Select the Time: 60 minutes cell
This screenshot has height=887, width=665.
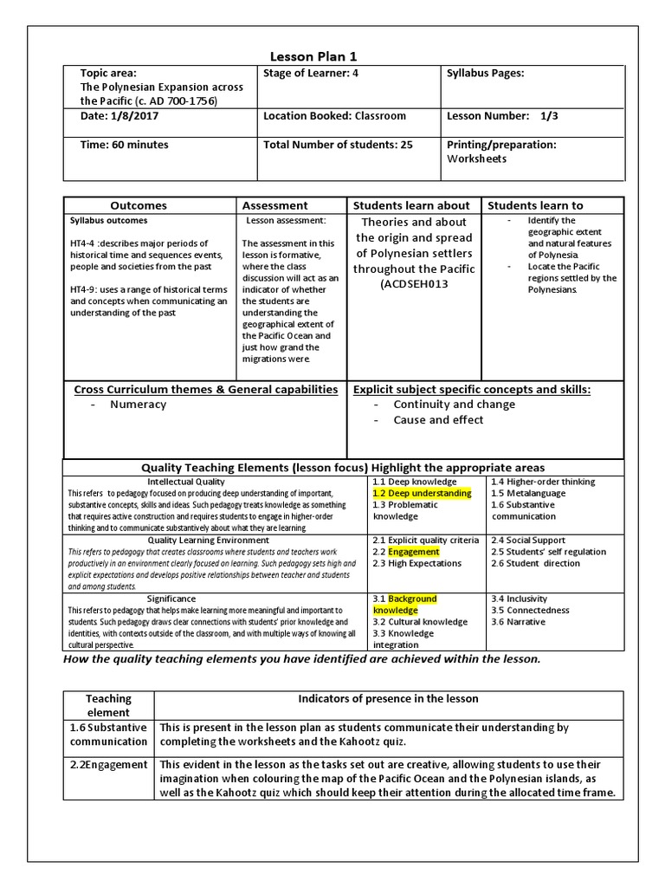(125, 145)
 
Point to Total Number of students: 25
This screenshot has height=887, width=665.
(338, 145)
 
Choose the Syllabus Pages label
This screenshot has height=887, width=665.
(485, 74)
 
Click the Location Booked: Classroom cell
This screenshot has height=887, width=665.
(334, 116)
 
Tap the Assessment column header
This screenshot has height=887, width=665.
(274, 205)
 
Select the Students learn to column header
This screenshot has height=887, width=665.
(535, 205)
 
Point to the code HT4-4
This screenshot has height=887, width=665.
(84, 243)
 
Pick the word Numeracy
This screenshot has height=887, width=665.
(138, 405)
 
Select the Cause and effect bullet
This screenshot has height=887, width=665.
(438, 420)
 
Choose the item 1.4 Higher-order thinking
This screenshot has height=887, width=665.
(542, 482)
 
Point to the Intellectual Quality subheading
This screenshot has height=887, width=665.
(186, 482)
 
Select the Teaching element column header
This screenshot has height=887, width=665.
(108, 705)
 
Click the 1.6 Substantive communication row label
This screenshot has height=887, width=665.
(109, 735)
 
